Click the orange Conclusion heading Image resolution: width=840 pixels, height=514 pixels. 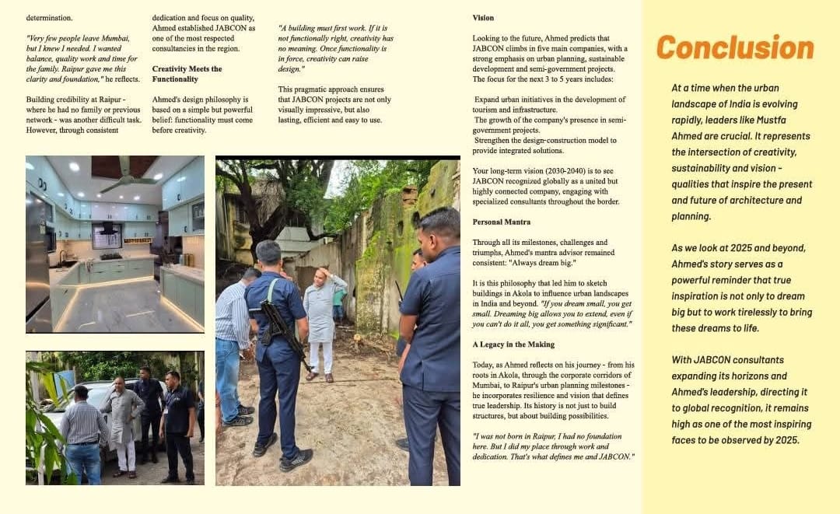pyautogui.click(x=734, y=47)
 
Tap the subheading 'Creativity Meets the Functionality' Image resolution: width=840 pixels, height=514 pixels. pyautogui.click(x=187, y=74)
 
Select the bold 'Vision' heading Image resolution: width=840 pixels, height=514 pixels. pyautogui.click(x=483, y=18)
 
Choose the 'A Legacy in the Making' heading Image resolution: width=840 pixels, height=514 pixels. pyautogui.click(x=513, y=344)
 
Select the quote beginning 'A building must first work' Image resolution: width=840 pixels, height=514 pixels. pyautogui.click(x=336, y=48)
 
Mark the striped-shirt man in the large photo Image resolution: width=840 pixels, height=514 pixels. pyautogui.click(x=233, y=334)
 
